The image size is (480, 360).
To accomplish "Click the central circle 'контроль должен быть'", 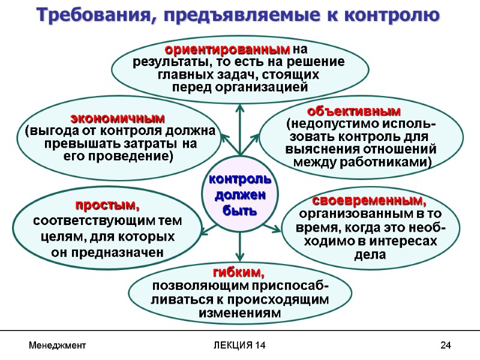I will click(239, 195).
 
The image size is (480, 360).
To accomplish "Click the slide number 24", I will click(445, 346).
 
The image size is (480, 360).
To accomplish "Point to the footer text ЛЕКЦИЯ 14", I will click(239, 346).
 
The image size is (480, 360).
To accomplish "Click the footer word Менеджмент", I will click(58, 346).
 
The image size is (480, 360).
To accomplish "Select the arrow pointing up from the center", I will click(240, 126).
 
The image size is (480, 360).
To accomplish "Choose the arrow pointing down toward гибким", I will click(240, 246).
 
